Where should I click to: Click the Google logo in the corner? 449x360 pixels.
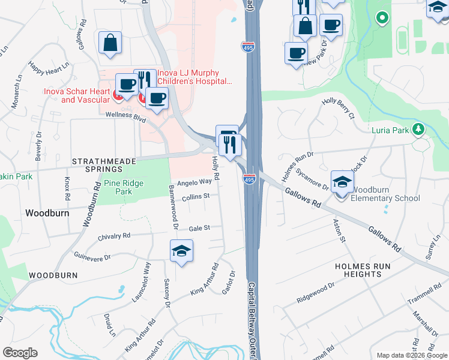[x=20, y=353]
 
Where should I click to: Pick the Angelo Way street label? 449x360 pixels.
[x=194, y=181]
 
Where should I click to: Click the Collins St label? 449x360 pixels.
[x=196, y=196]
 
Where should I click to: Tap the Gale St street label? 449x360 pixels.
[x=199, y=228]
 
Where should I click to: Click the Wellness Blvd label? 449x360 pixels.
[x=125, y=116]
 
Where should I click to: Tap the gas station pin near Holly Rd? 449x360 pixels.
[x=225, y=135]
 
